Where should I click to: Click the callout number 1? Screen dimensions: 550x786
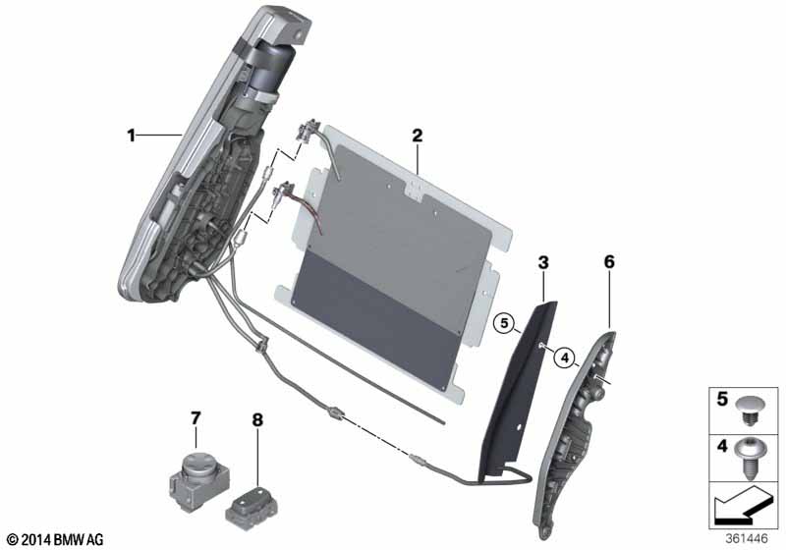coord(131,136)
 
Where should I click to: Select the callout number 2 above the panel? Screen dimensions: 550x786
coord(417,136)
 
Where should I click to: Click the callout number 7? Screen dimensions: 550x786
coord(196,419)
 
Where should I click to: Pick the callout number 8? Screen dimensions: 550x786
coord(257,419)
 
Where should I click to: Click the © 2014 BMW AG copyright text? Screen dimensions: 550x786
coord(54,539)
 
